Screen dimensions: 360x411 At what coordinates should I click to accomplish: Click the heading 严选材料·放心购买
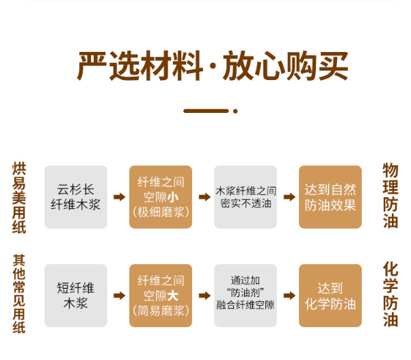(212, 66)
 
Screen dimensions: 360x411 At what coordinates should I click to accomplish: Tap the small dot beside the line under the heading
(235, 110)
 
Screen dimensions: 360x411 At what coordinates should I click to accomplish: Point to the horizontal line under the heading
(206, 110)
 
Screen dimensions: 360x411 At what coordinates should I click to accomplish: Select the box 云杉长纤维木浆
(76, 196)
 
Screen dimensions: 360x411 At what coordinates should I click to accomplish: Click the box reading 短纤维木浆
(76, 296)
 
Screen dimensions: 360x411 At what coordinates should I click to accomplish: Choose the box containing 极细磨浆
(161, 196)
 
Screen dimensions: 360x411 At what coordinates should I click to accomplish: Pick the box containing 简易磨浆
(161, 296)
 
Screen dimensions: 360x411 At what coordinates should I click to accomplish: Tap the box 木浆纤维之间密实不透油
(246, 196)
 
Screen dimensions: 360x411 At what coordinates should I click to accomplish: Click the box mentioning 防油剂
(246, 296)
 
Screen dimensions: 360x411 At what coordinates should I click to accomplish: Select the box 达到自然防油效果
(330, 196)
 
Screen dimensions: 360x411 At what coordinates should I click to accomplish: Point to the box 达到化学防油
(330, 296)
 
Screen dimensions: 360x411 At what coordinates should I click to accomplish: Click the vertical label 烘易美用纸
(18, 198)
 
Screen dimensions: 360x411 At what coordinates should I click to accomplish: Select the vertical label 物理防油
(390, 196)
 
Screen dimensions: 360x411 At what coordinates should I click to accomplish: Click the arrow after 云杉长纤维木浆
(119, 197)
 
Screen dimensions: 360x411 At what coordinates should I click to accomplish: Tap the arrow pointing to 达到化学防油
(289, 296)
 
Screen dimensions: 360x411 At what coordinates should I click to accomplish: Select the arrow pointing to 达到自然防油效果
(289, 197)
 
